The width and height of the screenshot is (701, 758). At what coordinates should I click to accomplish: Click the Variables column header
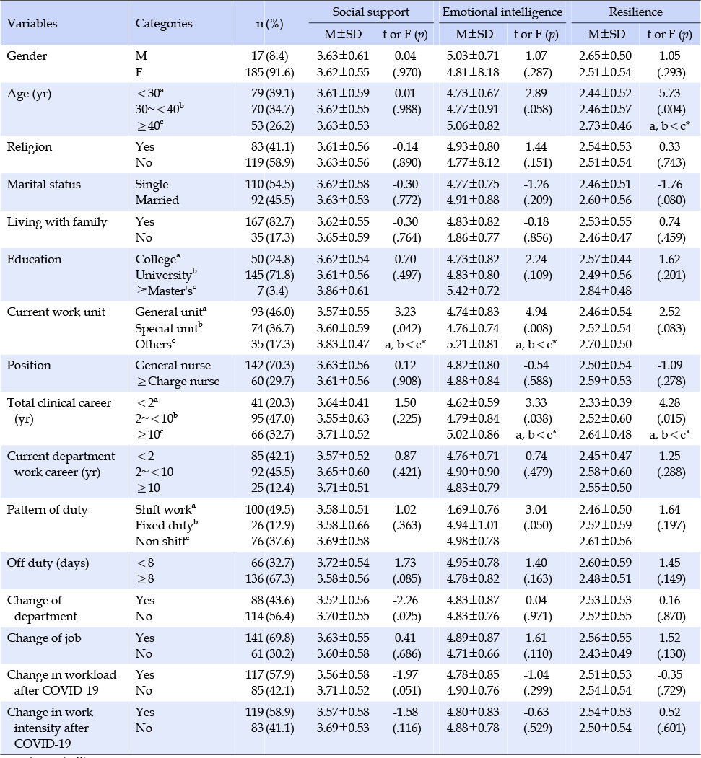[x=32, y=23]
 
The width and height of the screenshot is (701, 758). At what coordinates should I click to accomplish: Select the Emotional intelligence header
[x=502, y=12]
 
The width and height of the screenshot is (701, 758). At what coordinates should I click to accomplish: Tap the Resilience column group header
[x=636, y=12]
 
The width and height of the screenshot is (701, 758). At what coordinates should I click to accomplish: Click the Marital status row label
[x=44, y=184]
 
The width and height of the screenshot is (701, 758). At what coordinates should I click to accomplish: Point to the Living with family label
[x=57, y=222]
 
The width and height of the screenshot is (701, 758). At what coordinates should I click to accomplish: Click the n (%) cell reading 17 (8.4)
[x=269, y=56]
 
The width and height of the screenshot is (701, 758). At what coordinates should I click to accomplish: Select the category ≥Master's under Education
[x=165, y=291]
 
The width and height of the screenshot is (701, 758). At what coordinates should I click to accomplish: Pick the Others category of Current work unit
[x=154, y=344]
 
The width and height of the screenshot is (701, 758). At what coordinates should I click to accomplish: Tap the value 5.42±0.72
[x=473, y=291]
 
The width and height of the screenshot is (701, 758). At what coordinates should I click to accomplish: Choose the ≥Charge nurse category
[x=178, y=382]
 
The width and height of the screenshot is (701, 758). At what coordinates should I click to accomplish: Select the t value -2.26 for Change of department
[x=405, y=600]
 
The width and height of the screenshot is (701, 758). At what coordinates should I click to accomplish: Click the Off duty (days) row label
[x=48, y=563]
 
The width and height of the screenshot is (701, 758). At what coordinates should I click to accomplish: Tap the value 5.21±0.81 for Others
[x=473, y=344]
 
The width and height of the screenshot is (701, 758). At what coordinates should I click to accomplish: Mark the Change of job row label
[x=44, y=638]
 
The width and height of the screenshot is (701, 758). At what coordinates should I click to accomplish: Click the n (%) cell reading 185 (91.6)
[x=269, y=73]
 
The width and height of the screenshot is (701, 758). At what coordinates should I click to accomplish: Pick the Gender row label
[x=27, y=56]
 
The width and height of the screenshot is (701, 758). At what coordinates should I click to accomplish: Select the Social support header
[x=370, y=12]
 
